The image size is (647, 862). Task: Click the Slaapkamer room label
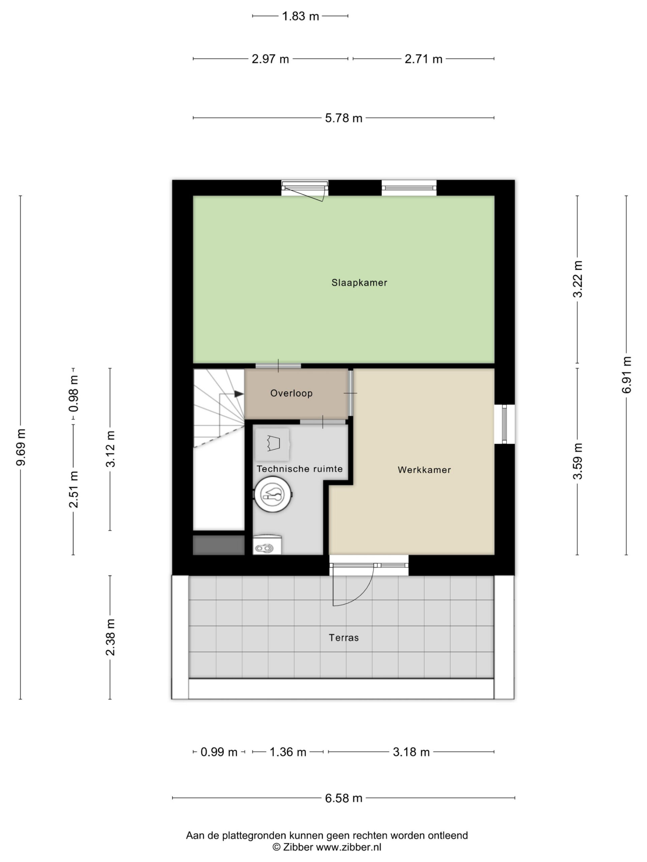pos(359,283)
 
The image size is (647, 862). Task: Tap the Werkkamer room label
pos(424,470)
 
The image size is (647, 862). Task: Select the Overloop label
pos(291,393)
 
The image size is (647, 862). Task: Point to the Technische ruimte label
pos(300,469)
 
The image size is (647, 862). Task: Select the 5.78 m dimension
pos(344,118)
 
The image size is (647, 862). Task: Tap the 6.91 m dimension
pos(626,375)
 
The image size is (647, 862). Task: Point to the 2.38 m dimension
pos(111,637)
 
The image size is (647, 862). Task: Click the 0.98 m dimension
pos(73,394)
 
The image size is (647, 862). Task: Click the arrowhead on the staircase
pos(239,394)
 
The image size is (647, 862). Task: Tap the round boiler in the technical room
pos(273,494)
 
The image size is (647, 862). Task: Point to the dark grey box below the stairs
pos(219,545)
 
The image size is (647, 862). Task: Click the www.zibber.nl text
pos(348,847)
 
